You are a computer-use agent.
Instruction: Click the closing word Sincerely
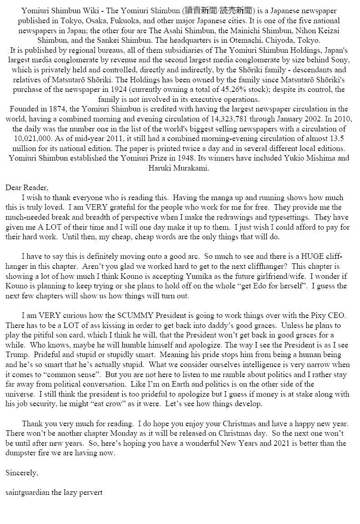pos(22,473)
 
